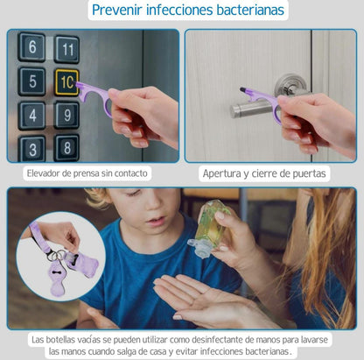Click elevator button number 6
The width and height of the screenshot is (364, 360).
pos(31,47)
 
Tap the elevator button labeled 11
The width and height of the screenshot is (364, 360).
pos(67,49)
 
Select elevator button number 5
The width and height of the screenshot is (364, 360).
pos(32,81)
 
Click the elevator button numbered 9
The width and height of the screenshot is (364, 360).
pos(66,115)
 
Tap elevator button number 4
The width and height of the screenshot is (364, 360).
pos(32,116)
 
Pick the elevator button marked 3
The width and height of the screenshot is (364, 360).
pos(32,149)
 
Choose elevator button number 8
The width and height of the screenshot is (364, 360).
pos(66,148)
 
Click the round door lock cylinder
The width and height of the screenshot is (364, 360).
pos(290,85)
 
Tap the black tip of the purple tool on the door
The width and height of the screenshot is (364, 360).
pos(242,89)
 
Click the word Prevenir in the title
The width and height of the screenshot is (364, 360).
pos(117,10)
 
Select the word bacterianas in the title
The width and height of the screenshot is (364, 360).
pos(250,10)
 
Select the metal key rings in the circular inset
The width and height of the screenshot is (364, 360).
pos(56,255)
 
